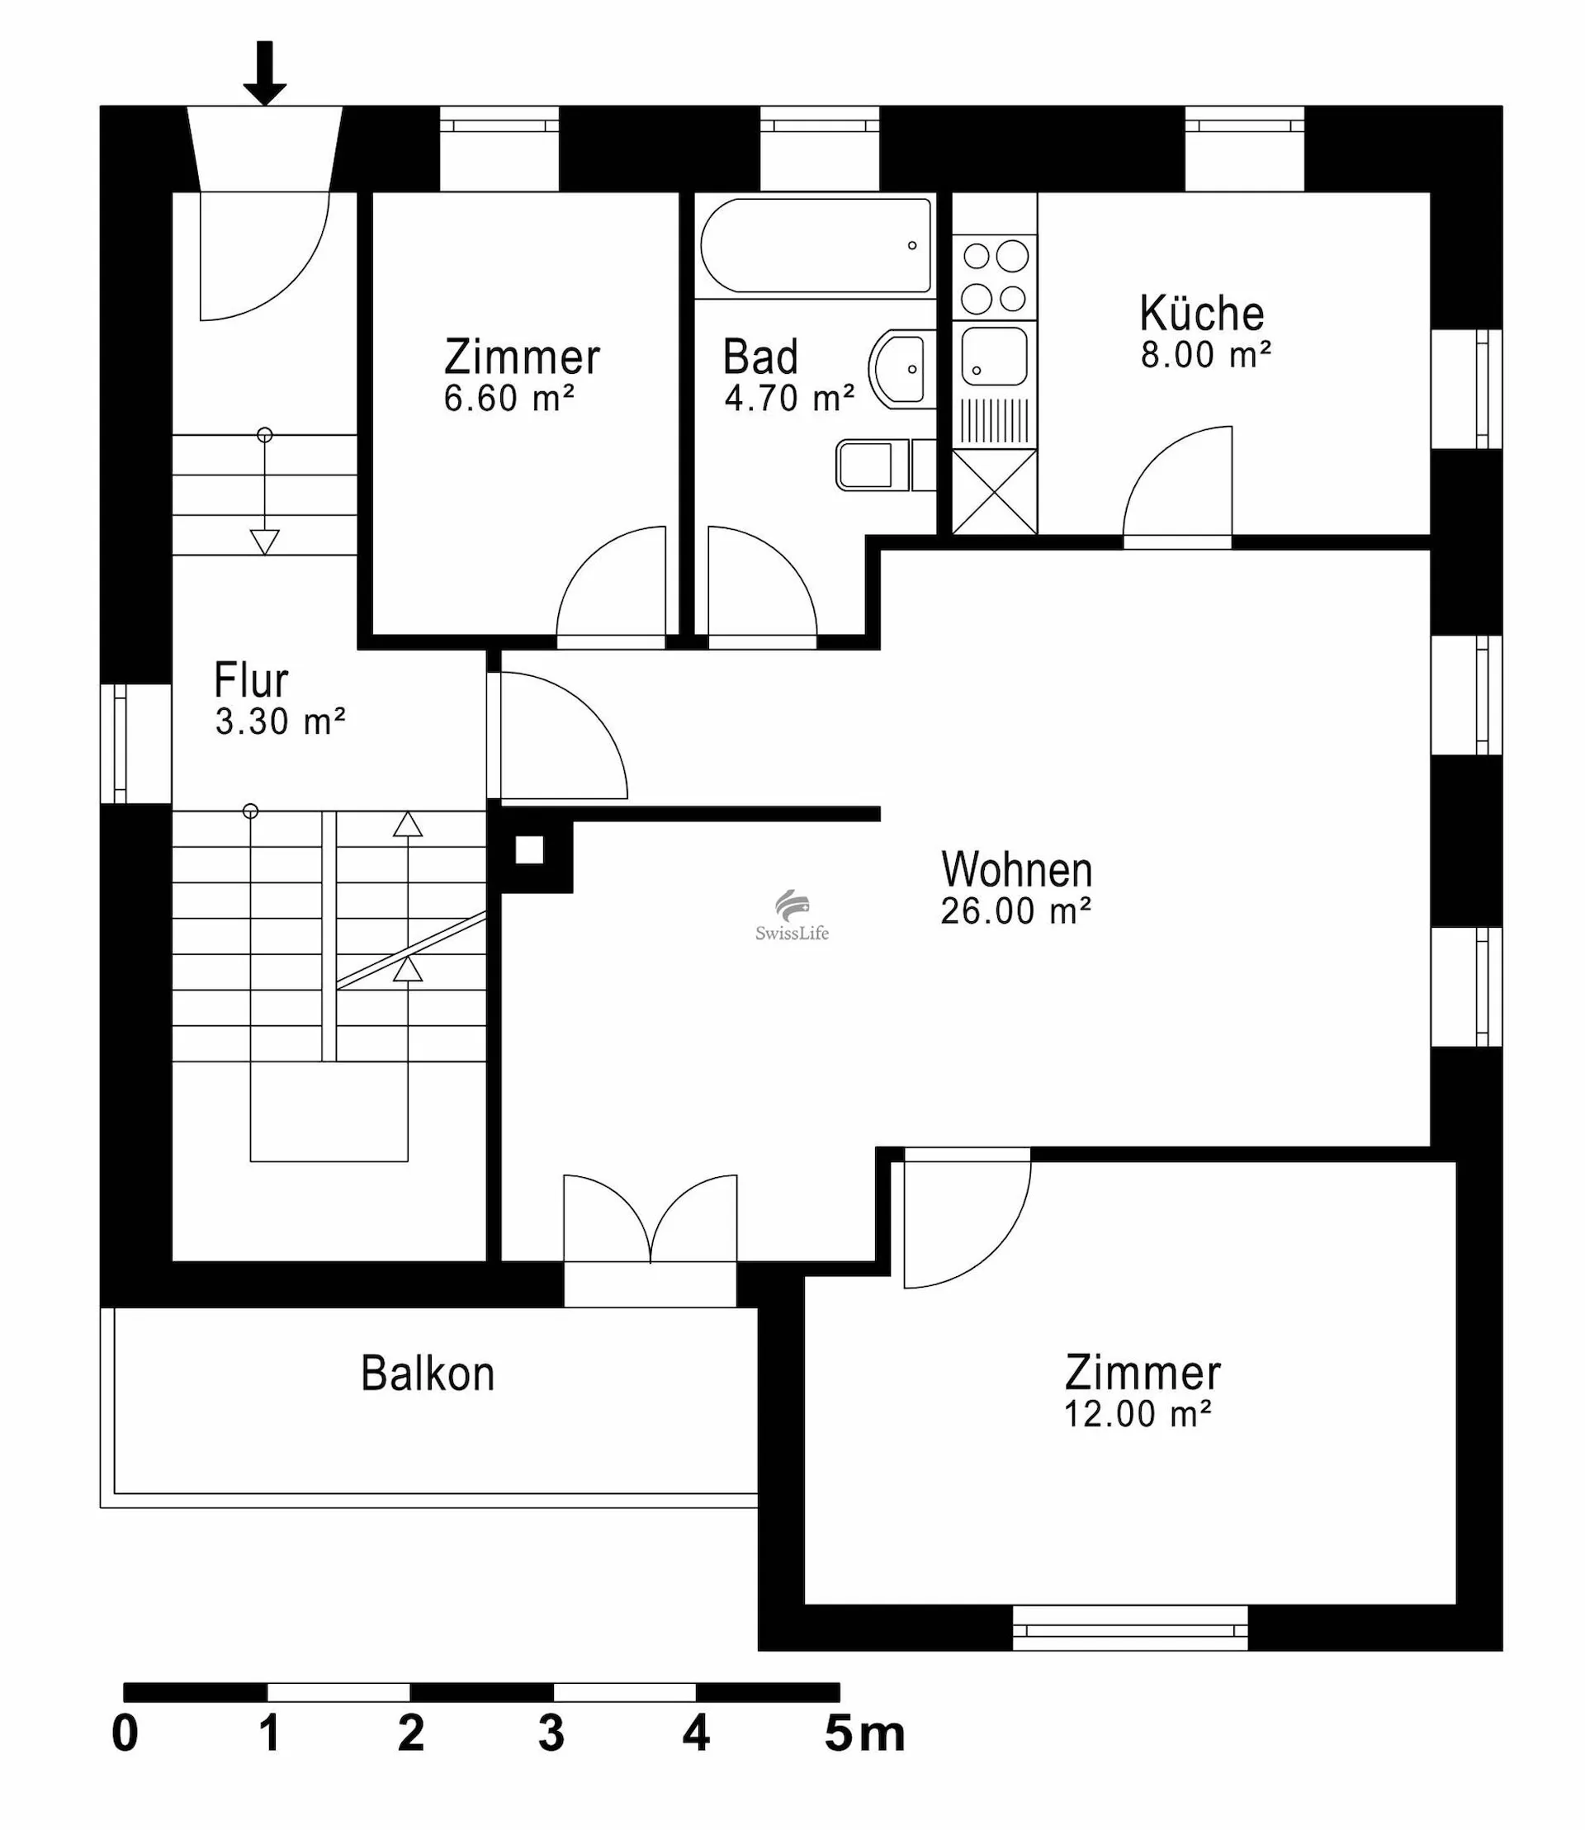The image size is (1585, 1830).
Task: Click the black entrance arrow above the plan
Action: click(264, 73)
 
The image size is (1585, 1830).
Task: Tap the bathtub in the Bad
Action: click(816, 245)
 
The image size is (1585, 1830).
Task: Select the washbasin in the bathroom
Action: click(901, 369)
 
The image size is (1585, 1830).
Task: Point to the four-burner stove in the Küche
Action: click(995, 277)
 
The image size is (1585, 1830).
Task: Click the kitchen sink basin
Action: click(995, 356)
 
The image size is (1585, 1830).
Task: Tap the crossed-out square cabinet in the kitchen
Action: click(995, 492)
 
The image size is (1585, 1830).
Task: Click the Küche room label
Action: click(1201, 313)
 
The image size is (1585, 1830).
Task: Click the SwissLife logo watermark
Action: click(792, 915)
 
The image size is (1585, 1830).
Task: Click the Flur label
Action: click(251, 680)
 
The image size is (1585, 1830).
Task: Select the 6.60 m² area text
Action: click(509, 399)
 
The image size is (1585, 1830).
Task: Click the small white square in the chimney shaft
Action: click(529, 850)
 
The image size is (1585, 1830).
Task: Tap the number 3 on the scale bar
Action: click(551, 1734)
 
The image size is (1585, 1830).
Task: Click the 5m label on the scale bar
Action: click(865, 1734)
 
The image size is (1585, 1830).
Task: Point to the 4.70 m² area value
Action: click(790, 399)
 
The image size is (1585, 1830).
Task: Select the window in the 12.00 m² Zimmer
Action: click(1130, 1628)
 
